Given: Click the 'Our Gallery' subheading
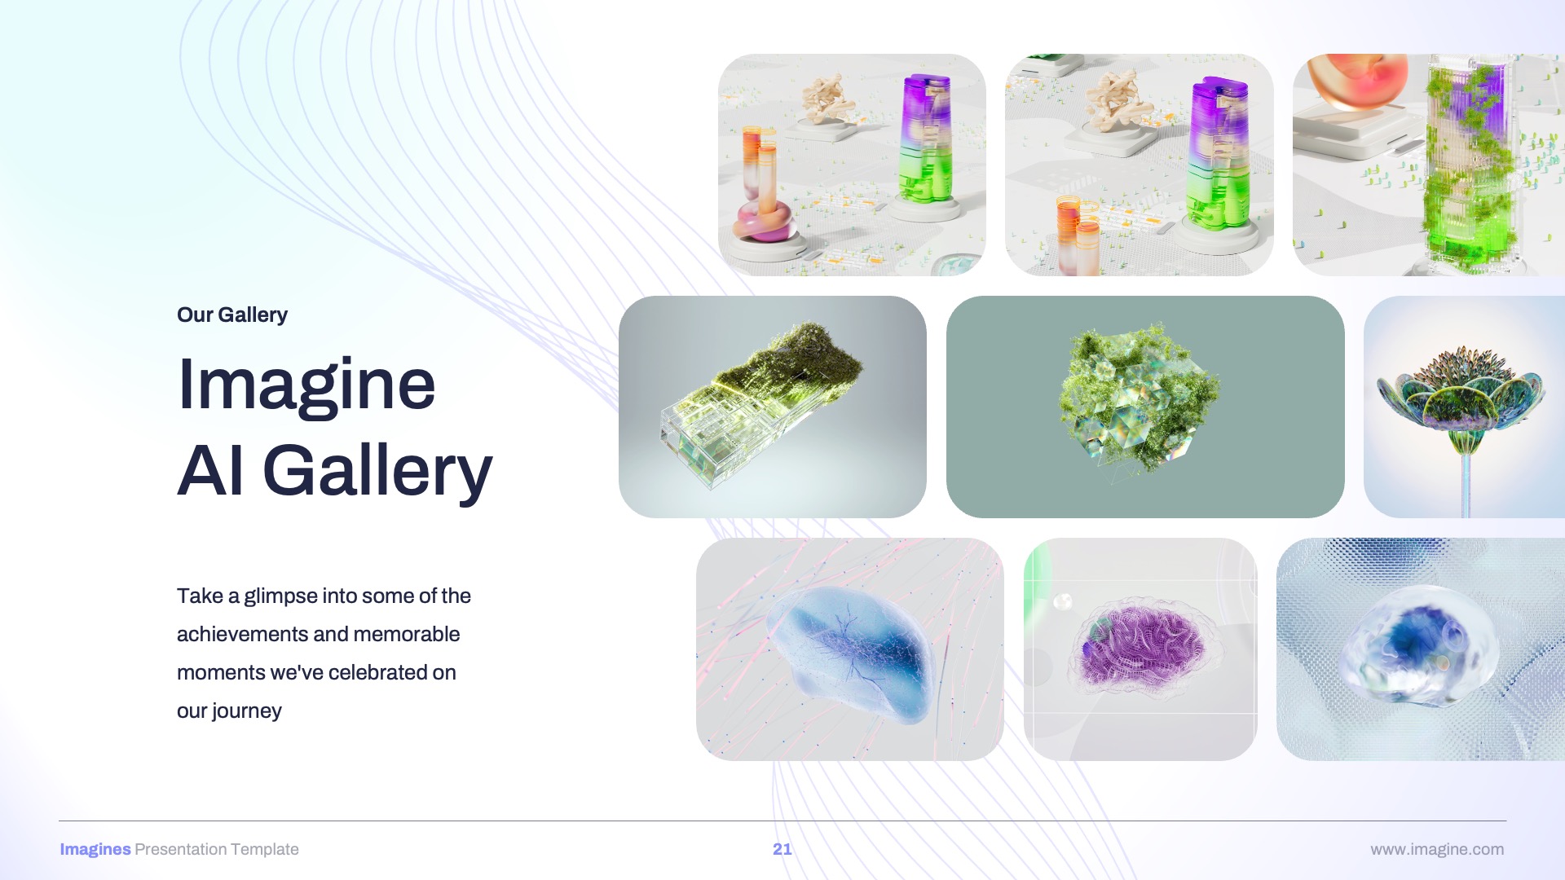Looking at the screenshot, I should [231, 315].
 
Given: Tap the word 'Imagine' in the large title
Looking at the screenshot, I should [306, 385].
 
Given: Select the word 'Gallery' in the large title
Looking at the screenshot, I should [377, 471].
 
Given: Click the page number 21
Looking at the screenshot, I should [782, 849].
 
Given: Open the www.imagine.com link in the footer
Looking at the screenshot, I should [1436, 849].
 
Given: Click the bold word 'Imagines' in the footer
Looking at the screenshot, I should [95, 849].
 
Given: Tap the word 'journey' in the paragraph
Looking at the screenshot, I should [246, 711].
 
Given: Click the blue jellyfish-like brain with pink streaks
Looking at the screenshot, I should [852, 652].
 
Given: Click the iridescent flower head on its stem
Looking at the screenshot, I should [1459, 391].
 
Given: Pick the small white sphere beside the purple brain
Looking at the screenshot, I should [1062, 602].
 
